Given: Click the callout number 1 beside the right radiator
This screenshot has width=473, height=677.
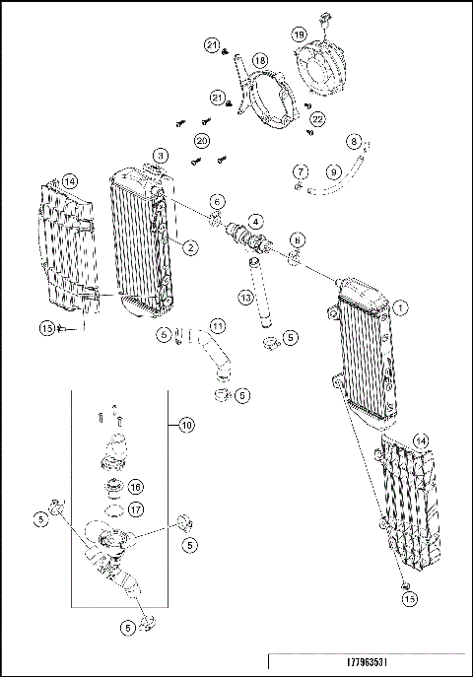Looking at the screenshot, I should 400,307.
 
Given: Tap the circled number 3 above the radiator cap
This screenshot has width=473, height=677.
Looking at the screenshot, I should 161,156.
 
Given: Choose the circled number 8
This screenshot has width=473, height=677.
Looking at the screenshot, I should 355,142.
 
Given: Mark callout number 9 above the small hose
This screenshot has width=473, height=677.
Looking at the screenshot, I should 334,171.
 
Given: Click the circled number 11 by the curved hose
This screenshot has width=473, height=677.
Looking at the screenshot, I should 217,325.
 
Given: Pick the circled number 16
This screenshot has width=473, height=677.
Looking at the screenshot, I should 136,486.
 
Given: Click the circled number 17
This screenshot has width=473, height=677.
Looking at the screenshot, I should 136,508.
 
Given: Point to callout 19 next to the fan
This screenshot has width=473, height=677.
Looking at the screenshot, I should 298,34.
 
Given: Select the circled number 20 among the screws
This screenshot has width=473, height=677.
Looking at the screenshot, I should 201,142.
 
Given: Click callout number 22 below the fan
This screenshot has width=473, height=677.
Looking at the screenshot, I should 318,118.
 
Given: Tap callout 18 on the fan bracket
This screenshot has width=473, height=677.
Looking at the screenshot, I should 260,61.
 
